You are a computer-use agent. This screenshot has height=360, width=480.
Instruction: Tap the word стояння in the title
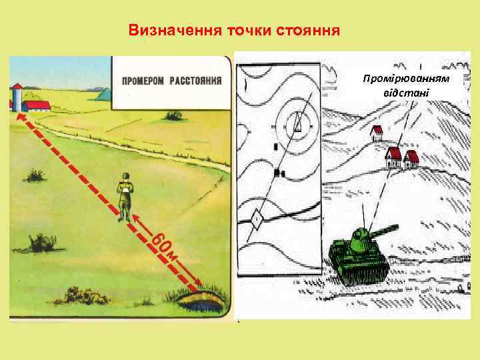pos(311,31)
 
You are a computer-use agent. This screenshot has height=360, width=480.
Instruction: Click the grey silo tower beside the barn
pos(17,97)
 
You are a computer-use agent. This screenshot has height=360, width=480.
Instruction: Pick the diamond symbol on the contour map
pos(256,218)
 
